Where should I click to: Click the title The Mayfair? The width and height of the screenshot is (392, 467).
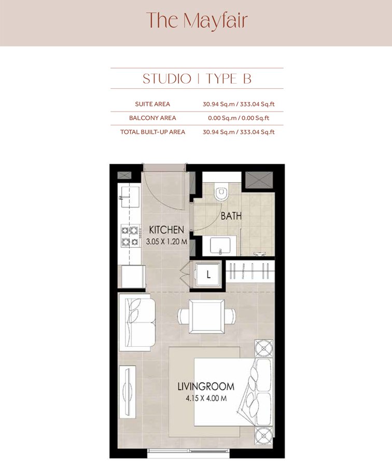point(197,21)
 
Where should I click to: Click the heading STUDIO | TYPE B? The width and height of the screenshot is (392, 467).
point(197,79)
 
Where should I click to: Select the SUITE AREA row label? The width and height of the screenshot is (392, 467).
point(152,104)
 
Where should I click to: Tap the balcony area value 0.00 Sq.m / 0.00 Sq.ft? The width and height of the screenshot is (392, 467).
point(239,118)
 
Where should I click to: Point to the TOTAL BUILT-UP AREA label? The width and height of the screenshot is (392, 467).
point(152,132)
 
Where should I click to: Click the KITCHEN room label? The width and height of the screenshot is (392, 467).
point(166,229)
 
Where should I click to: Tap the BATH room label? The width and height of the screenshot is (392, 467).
point(231,216)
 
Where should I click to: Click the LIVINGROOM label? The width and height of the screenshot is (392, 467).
point(205,387)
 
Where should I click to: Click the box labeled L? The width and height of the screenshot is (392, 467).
point(208,276)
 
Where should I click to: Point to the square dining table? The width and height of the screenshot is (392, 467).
point(206,315)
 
